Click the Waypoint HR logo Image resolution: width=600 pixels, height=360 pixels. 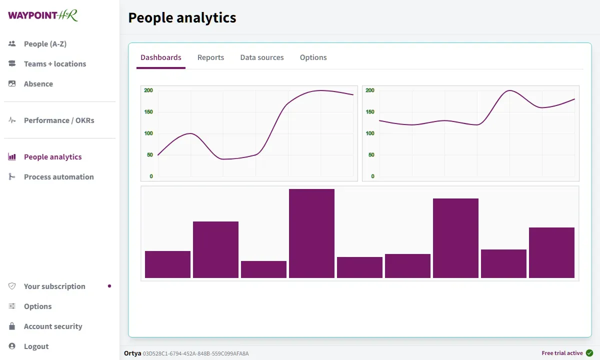tap(43, 15)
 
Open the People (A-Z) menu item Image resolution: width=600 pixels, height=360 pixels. tap(45, 44)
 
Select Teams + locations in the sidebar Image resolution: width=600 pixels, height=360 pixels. tap(54, 64)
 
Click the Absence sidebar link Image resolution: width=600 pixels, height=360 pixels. tap(38, 84)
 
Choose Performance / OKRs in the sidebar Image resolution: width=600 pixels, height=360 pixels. tap(58, 120)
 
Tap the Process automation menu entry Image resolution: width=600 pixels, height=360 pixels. tap(58, 177)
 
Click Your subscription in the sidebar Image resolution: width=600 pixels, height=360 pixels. tap(54, 286)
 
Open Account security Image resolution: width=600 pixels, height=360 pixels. tap(53, 326)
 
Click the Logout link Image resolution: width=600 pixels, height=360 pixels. tap(36, 346)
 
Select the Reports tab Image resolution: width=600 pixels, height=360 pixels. tap(210, 57)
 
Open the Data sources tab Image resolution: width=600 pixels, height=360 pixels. tap(262, 57)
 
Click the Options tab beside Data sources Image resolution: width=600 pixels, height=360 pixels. tap(313, 57)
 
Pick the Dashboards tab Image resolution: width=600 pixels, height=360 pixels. tap(161, 57)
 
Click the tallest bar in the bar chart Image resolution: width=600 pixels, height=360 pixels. tap(311, 233)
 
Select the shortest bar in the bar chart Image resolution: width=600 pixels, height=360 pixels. tap(263, 269)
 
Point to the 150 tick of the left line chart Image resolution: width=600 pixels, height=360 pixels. tap(148, 112)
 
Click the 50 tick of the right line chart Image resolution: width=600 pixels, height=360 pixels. tap(371, 155)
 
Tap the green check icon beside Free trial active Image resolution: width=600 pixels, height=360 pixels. tap(589, 353)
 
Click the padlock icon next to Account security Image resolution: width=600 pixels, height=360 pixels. tap(12, 326)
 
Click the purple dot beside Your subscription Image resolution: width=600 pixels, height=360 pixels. tap(109, 286)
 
